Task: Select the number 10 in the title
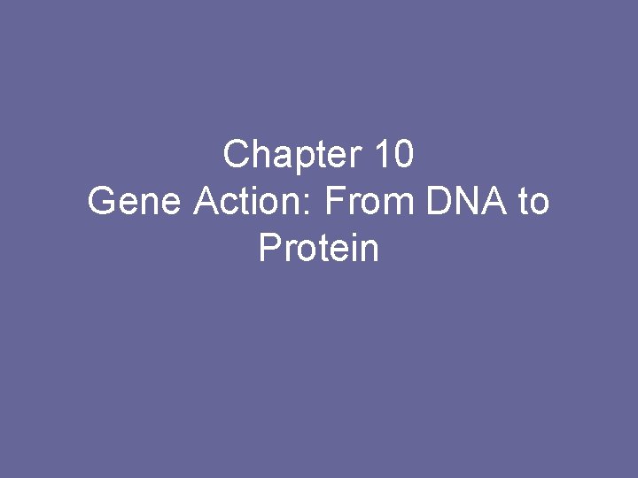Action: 393,155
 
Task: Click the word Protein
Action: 319,249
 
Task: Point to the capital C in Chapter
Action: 236,155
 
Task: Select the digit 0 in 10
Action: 402,155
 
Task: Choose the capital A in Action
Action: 205,202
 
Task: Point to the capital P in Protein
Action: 268,249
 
